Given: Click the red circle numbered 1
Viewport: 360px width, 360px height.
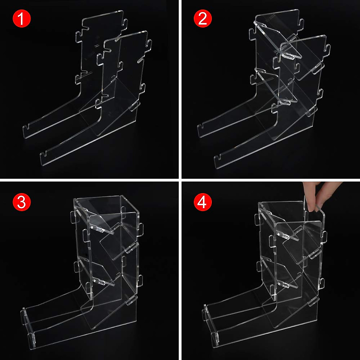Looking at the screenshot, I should tap(21, 19).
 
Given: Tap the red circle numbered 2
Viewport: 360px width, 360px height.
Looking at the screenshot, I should tap(202, 19).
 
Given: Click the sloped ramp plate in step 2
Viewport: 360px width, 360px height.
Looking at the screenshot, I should tap(288, 120).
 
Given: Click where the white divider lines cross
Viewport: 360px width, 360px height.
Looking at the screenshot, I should tap(180, 180).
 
